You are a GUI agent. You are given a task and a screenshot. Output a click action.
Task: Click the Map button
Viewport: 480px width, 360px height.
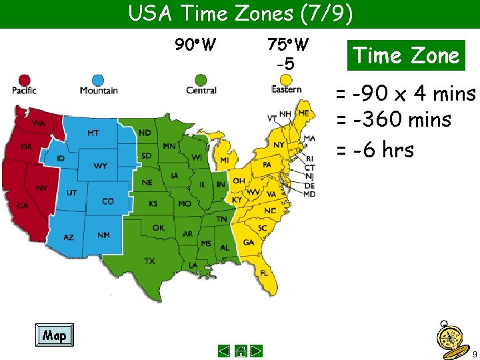(54, 335)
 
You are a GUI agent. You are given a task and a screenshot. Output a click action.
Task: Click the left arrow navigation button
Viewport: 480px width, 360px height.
(224, 351)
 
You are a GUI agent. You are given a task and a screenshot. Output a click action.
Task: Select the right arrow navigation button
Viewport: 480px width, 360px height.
(256, 351)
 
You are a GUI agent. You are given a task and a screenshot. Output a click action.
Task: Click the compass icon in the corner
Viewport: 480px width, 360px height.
(449, 336)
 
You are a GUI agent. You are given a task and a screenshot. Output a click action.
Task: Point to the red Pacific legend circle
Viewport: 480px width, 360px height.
(25, 80)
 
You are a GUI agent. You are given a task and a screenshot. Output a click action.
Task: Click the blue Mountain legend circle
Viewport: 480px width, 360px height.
(98, 80)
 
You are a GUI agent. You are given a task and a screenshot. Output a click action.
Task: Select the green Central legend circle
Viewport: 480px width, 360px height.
(201, 80)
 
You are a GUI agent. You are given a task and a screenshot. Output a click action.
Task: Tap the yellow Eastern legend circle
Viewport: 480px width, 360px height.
(286, 80)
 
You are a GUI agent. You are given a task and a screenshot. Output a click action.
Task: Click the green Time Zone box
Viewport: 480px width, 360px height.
(406, 55)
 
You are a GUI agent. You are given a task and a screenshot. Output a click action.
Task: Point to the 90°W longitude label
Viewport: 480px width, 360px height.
(195, 45)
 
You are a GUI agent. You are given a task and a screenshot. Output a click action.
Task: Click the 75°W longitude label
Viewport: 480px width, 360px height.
(287, 45)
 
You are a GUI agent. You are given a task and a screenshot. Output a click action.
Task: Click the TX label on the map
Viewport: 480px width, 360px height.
(150, 261)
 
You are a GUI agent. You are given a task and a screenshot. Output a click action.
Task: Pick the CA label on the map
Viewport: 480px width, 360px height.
(23, 206)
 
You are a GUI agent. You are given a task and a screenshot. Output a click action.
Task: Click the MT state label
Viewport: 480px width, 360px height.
(93, 133)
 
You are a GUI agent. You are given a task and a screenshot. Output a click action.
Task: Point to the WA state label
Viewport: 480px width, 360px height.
(39, 124)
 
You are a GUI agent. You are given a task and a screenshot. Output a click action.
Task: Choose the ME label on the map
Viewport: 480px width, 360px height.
(303, 113)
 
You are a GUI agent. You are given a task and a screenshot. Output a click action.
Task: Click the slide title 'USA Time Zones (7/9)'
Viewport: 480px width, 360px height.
(240, 13)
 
